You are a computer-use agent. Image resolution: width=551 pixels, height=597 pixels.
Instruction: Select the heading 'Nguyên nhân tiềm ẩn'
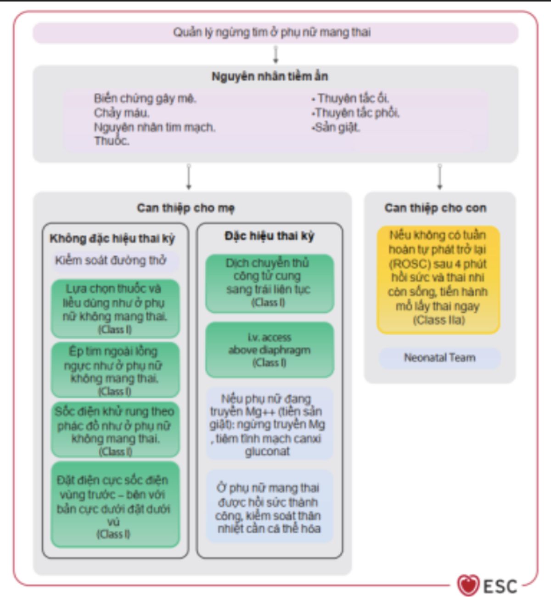tap(270, 76)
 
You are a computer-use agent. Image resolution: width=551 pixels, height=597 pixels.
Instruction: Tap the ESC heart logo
tap(468, 586)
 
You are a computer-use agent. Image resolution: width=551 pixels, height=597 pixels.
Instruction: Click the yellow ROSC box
tap(438, 278)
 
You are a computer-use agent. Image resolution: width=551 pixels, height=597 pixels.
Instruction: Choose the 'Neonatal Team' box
tap(439, 358)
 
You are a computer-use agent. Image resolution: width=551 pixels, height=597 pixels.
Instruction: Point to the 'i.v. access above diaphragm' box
tap(270, 350)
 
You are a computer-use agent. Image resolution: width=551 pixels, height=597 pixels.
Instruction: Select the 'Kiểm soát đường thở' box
tap(111, 261)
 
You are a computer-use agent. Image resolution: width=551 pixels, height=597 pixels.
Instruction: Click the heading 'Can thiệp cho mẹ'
tap(186, 208)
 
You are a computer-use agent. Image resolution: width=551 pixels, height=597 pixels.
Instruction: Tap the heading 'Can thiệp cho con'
tap(435, 208)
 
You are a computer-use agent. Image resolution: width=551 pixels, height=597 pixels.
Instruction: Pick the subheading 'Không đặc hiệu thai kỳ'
tap(112, 239)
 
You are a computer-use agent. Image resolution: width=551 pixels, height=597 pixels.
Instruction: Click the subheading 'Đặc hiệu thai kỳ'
tap(270, 236)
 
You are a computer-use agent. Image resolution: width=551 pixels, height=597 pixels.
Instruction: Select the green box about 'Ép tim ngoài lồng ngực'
tap(114, 370)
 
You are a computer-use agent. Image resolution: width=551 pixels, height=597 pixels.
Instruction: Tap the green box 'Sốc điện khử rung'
tap(115, 430)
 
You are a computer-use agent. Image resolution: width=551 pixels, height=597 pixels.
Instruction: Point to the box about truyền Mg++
tap(268, 425)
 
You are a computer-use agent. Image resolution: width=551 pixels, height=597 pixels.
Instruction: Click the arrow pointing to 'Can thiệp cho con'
tap(440, 177)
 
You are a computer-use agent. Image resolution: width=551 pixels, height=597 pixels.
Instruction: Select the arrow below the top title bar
tap(276, 55)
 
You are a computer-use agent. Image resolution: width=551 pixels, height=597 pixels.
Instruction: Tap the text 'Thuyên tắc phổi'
tap(357, 113)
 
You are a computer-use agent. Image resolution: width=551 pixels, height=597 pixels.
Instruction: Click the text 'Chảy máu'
tap(122, 113)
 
